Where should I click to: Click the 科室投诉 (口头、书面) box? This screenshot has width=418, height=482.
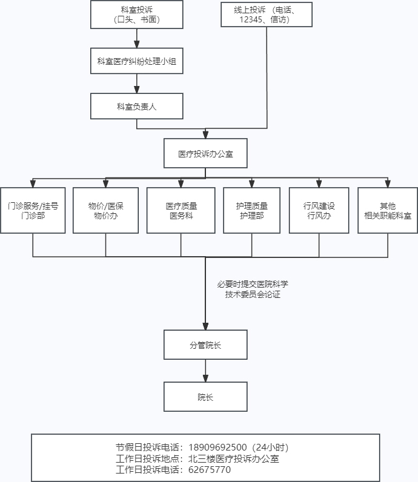[136, 15]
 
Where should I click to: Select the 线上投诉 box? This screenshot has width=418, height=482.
[267, 15]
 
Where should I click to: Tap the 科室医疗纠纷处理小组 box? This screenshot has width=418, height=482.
[136, 61]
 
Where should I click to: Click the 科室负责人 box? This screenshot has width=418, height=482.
[136, 106]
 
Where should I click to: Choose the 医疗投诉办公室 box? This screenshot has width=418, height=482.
[205, 154]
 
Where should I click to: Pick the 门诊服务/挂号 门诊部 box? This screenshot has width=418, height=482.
[33, 211]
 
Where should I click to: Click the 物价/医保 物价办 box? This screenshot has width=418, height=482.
[105, 211]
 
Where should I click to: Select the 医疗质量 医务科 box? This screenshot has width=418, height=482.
[181, 211]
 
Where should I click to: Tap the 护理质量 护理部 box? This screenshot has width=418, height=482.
[251, 211]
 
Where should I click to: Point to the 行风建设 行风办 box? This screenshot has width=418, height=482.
[319, 211]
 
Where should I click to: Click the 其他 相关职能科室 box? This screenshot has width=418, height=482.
[388, 211]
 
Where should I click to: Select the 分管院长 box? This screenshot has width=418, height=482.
[205, 345]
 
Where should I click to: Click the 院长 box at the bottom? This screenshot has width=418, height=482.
[205, 398]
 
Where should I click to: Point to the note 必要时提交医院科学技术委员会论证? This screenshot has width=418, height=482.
[253, 289]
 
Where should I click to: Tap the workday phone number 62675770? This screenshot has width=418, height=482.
[210, 469]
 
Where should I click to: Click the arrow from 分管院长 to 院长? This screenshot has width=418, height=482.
[205, 371]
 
